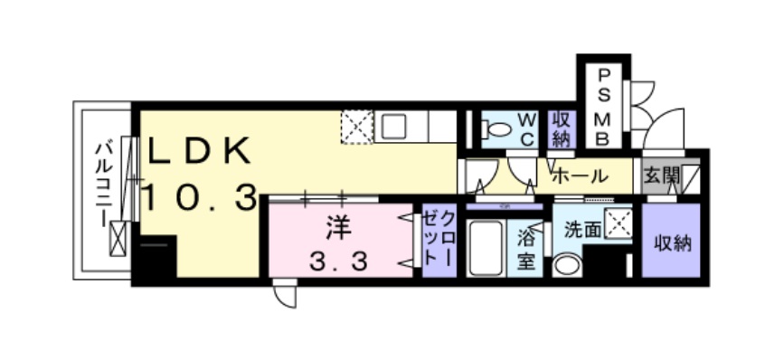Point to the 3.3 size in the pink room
pos(338,262)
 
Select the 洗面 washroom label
pos(579,230)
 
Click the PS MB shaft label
pos(603,106)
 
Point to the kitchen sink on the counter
pos(396,127)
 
